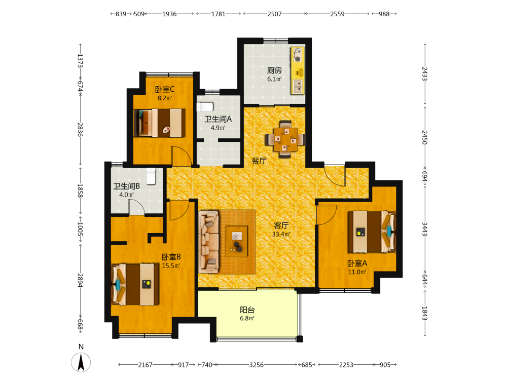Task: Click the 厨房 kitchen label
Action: (x=274, y=70)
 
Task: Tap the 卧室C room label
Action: (x=165, y=89)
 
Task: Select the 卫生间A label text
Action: (x=218, y=119)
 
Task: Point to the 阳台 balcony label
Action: (x=247, y=310)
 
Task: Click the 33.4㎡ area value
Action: (x=281, y=234)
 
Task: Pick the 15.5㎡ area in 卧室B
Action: (x=171, y=265)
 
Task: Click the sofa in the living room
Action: (x=209, y=241)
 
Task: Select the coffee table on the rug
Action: (x=237, y=241)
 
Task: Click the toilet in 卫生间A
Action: (x=205, y=106)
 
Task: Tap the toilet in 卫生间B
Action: (x=151, y=176)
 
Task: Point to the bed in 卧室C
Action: (x=160, y=123)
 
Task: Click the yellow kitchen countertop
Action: (x=298, y=70)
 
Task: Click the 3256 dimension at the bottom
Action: (x=257, y=365)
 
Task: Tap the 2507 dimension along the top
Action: (x=274, y=14)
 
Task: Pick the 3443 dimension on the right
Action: (x=425, y=229)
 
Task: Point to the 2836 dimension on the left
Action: (x=80, y=130)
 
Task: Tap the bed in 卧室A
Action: (x=372, y=232)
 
